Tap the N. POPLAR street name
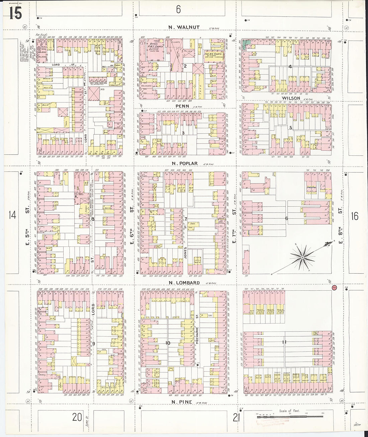click(185, 163)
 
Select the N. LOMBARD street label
click(184, 283)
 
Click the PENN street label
click(182, 106)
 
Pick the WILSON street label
click(291, 98)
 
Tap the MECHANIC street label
click(197, 335)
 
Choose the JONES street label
click(185, 253)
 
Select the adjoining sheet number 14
click(12, 215)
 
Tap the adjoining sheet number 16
click(355, 216)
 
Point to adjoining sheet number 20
click(77, 417)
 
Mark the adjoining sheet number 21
click(236, 418)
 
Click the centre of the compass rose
click(302, 257)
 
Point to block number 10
click(168, 343)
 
